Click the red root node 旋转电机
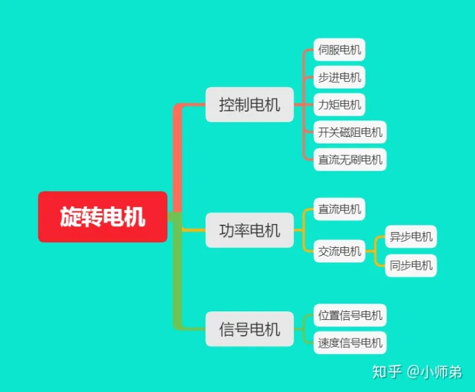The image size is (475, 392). click(x=103, y=217)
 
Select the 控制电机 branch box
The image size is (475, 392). click(x=249, y=104)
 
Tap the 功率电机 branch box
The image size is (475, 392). click(x=249, y=230)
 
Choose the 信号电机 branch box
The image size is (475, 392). click(x=249, y=329)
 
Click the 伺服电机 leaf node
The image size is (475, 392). click(x=339, y=50)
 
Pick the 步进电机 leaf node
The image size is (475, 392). click(x=339, y=77)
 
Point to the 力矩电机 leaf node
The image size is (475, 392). click(x=339, y=104)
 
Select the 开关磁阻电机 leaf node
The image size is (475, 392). click(x=350, y=132)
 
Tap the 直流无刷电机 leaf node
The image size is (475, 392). click(x=350, y=160)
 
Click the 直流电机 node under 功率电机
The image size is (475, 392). click(x=339, y=209)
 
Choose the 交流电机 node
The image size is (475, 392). click(x=339, y=251)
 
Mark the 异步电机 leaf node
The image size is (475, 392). click(x=411, y=237)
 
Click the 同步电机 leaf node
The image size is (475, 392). click(x=411, y=265)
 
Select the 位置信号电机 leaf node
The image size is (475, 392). click(x=350, y=315)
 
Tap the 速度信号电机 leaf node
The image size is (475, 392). click(x=350, y=343)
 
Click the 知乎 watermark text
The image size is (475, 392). click(x=387, y=372)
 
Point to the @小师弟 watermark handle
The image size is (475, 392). click(x=434, y=372)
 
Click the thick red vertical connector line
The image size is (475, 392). click(x=177, y=159)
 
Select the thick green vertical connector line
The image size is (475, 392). click(x=177, y=271)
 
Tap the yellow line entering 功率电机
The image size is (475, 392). click(x=194, y=230)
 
